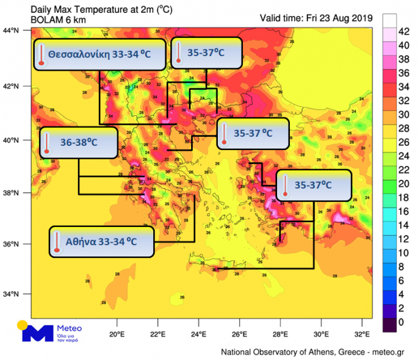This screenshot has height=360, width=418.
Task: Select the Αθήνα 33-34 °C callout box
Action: (101, 242)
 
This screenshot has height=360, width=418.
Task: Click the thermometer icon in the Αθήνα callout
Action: (57, 242)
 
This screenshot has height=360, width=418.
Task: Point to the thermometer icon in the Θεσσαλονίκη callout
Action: (41, 55)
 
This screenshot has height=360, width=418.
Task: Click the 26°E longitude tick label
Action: (239, 334)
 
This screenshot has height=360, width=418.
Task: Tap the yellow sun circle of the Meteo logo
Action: (23, 325)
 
